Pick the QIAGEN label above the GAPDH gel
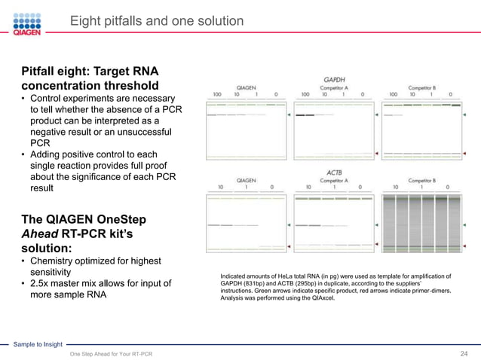point(246,87)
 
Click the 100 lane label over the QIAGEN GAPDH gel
point(217,94)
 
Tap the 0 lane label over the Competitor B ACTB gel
point(448,188)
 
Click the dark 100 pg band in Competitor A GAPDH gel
point(305,115)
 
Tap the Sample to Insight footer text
point(38,344)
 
